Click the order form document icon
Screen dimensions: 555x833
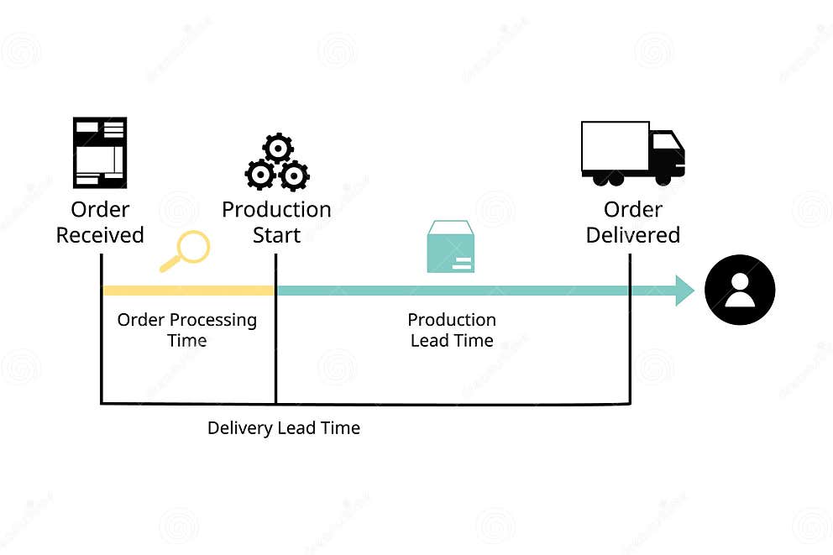100,152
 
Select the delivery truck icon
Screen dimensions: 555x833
632,153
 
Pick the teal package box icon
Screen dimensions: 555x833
450,247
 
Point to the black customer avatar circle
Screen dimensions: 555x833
739,290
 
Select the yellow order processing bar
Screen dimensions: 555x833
187,291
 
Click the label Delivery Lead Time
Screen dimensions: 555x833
284,428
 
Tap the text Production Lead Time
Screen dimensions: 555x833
452,330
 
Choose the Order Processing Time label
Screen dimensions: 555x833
187,330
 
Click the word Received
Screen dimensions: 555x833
100,235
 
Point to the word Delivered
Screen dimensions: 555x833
632,235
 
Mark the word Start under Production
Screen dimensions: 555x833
276,235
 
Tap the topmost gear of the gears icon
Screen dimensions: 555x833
277,149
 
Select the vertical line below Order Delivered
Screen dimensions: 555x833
630,353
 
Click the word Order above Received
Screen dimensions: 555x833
100,209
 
